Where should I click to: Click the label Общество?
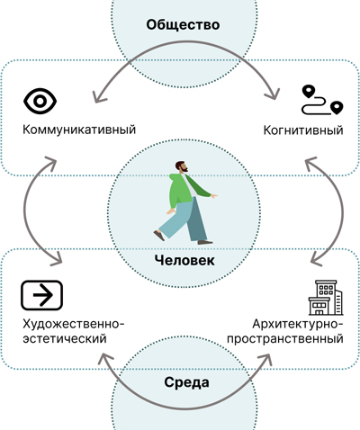(183, 24)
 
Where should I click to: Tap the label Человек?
(184, 260)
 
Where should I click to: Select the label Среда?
(186, 382)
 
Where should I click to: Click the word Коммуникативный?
(79, 130)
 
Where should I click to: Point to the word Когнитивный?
(303, 130)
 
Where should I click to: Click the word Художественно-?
(74, 324)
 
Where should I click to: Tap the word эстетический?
(65, 339)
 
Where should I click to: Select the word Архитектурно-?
(298, 324)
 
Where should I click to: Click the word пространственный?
(285, 339)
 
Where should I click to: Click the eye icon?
(40, 101)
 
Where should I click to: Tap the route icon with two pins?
(322, 100)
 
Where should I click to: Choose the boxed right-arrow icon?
(41, 295)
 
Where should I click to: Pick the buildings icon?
(326, 298)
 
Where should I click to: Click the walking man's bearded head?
(182, 166)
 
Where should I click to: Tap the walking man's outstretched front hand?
(214, 196)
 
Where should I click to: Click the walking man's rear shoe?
(159, 236)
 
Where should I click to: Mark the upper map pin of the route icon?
(309, 91)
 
